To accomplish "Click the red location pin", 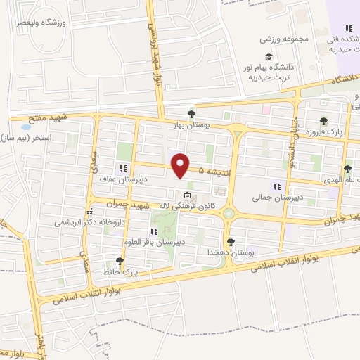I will click(181, 165).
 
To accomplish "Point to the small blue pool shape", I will click(26, 127).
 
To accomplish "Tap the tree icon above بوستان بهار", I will click(191, 113).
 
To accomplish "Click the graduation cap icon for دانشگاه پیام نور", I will click(268, 57).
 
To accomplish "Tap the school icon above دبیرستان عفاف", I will click(123, 168).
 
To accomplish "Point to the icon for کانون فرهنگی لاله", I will click(186, 195).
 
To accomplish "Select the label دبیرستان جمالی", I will click(277, 198).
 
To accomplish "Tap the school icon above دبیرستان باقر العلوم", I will click(153, 231).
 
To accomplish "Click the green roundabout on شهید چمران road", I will click(229, 213).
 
